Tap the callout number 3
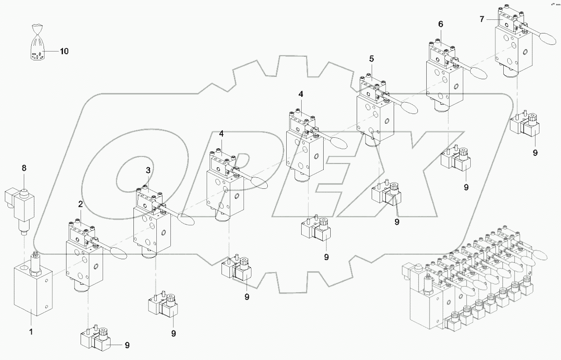(x=148, y=170)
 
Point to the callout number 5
(x=371, y=58)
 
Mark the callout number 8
(x=24, y=168)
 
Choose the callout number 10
(x=64, y=51)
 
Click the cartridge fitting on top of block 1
(x=35, y=262)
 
